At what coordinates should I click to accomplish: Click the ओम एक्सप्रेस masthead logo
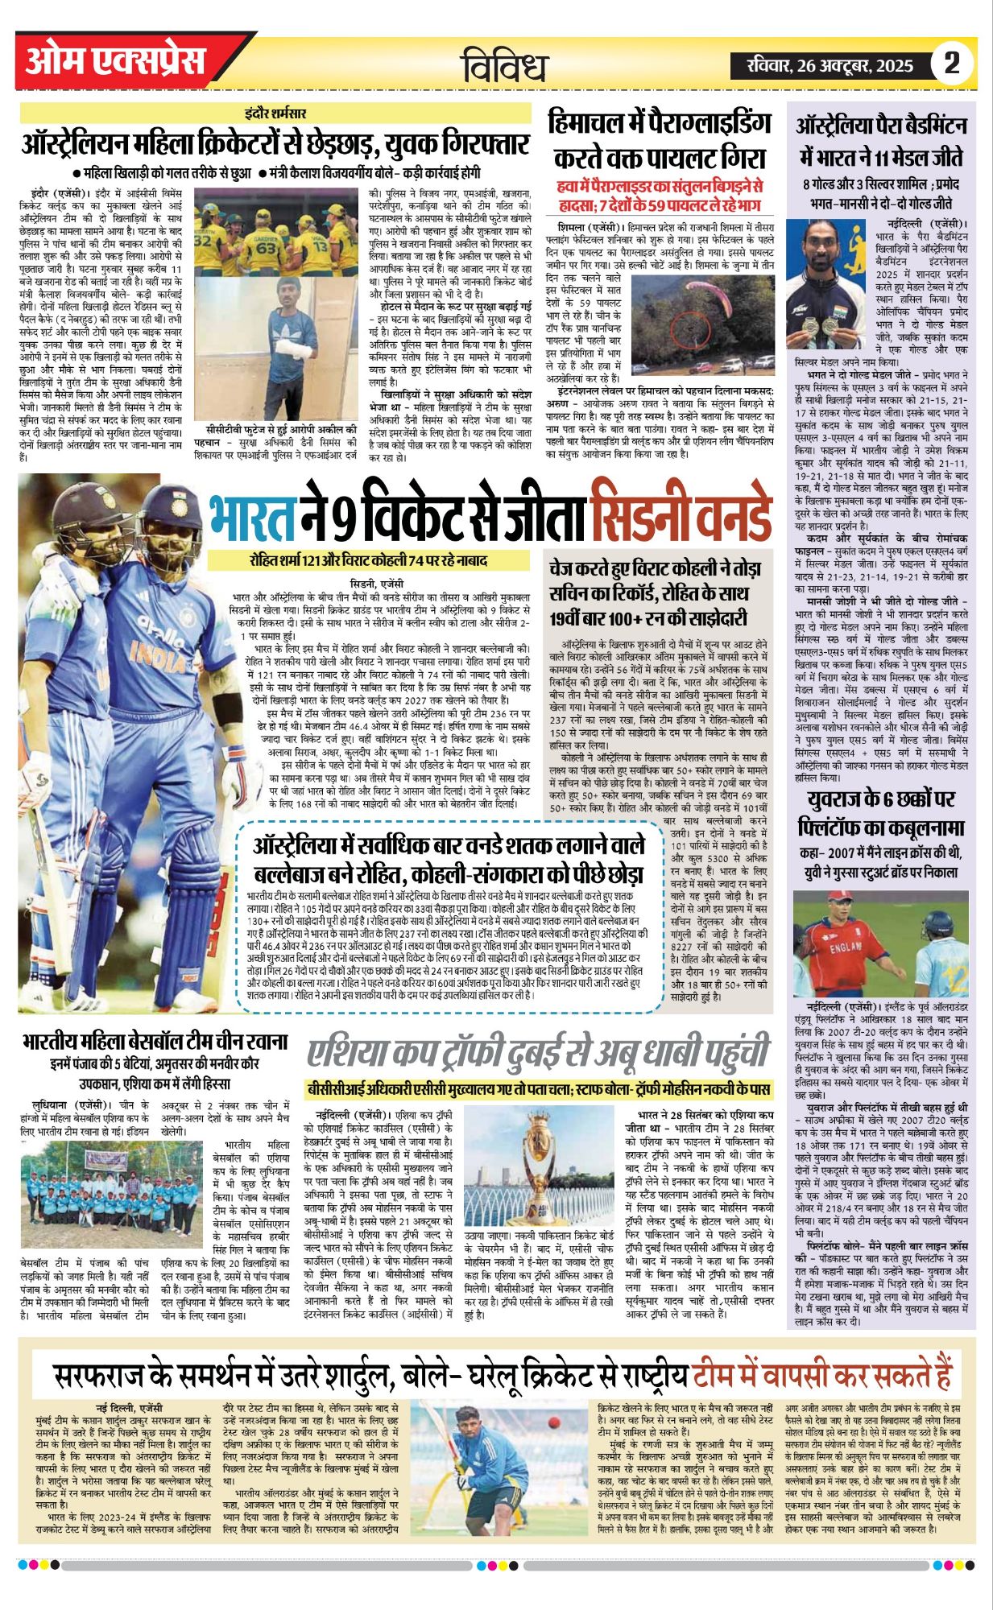pos(115,61)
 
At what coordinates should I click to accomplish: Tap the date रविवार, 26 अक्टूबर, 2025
pos(830,65)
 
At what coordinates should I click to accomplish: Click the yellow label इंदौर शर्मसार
pos(275,114)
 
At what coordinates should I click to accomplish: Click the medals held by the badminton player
pos(823,324)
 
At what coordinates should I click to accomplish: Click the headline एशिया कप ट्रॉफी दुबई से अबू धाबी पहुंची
pos(538,1052)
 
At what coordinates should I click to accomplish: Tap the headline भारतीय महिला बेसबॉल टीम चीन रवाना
pos(155,1041)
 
